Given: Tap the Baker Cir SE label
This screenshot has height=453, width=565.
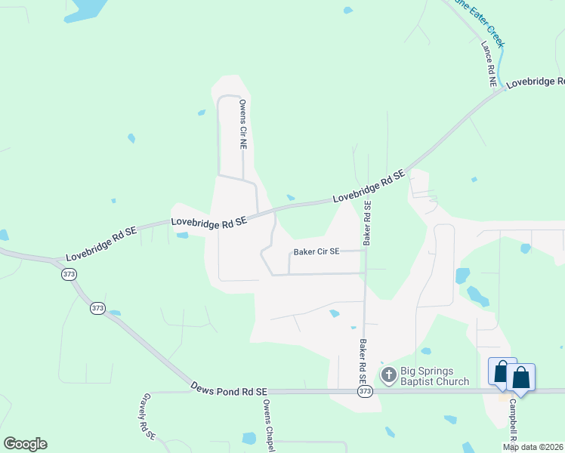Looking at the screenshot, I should (x=316, y=251).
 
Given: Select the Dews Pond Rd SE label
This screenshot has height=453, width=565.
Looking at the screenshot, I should (x=230, y=392).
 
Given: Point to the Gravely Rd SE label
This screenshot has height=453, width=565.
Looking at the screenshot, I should (x=148, y=416).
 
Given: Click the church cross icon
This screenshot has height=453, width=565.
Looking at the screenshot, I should (x=389, y=375).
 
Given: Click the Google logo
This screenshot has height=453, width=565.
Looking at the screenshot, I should (x=25, y=444).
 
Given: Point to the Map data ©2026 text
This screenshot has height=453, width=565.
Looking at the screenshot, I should (x=532, y=447).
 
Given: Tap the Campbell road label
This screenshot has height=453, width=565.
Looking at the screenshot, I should (x=511, y=420).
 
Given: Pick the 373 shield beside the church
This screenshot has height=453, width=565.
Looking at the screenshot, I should (x=366, y=392).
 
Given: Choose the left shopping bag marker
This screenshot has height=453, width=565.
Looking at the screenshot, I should (x=502, y=373).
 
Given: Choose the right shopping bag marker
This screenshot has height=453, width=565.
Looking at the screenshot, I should (x=521, y=376).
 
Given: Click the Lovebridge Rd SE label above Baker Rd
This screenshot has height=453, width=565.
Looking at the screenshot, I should (x=369, y=186).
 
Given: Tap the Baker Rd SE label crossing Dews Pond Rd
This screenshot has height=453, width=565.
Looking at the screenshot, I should (x=363, y=362).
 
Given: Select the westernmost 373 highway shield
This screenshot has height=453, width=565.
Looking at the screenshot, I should (x=69, y=275).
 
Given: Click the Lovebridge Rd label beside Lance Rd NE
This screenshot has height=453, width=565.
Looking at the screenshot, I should (x=535, y=82).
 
